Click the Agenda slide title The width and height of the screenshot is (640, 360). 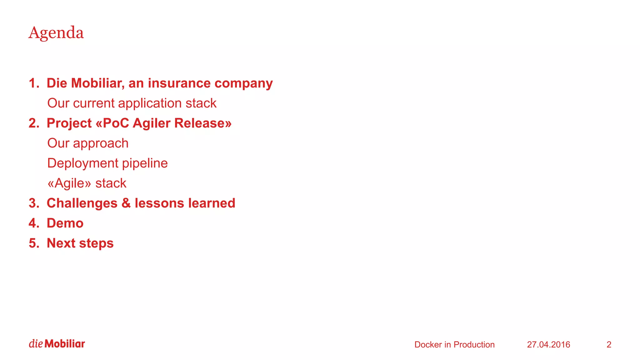[x=56, y=33]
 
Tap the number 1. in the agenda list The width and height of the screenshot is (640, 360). [x=34, y=83]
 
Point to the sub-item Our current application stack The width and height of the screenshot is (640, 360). [x=132, y=103]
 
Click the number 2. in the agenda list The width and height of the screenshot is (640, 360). [x=34, y=123]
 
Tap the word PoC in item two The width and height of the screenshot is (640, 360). [x=116, y=123]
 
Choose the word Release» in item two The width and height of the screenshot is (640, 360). [x=203, y=123]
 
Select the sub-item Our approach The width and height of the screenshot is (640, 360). [x=88, y=143]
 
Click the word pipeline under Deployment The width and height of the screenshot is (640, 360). [x=145, y=163]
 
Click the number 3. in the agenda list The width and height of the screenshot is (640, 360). [x=34, y=203]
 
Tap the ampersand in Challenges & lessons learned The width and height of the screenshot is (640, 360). [x=126, y=203]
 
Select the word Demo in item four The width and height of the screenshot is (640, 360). [x=65, y=223]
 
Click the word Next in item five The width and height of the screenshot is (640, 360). [x=61, y=243]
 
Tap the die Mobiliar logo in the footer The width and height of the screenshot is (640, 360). [x=57, y=344]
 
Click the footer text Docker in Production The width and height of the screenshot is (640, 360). [x=454, y=344]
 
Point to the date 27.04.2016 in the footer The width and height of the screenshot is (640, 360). [x=548, y=344]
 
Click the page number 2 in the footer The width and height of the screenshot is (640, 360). [x=609, y=344]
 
